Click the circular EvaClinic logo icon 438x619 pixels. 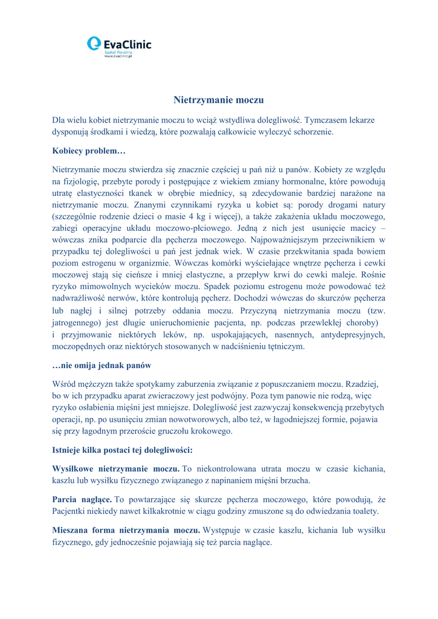pos(94,44)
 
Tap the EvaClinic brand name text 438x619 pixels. pos(127,44)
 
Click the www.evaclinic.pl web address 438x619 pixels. pos(118,56)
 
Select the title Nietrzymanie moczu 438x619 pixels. pos(219,100)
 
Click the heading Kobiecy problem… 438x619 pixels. pos(88,150)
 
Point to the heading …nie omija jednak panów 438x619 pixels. pos(101,366)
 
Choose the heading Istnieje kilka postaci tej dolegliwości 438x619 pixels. pos(123,450)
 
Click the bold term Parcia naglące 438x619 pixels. pos(82,500)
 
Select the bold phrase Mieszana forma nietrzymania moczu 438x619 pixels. pos(126,530)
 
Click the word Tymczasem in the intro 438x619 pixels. pos(327,120)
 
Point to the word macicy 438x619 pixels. pos(362,228)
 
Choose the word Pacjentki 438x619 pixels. pos(71,511)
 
